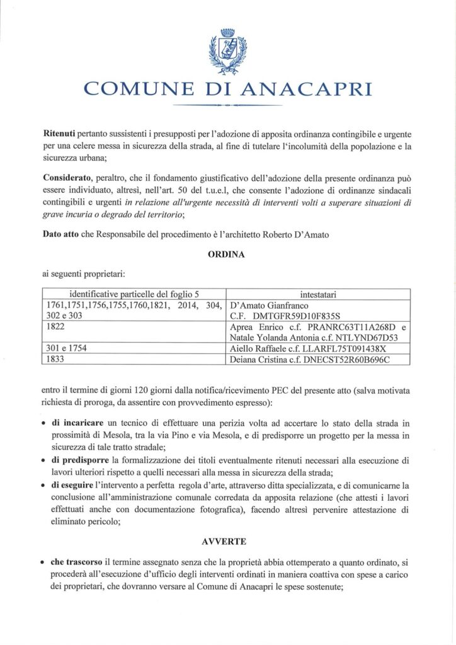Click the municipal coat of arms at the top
click(x=227, y=51)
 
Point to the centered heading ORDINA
click(x=227, y=256)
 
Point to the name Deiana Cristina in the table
click(x=261, y=359)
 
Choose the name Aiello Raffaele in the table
click(x=260, y=348)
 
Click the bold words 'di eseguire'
click(x=75, y=486)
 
